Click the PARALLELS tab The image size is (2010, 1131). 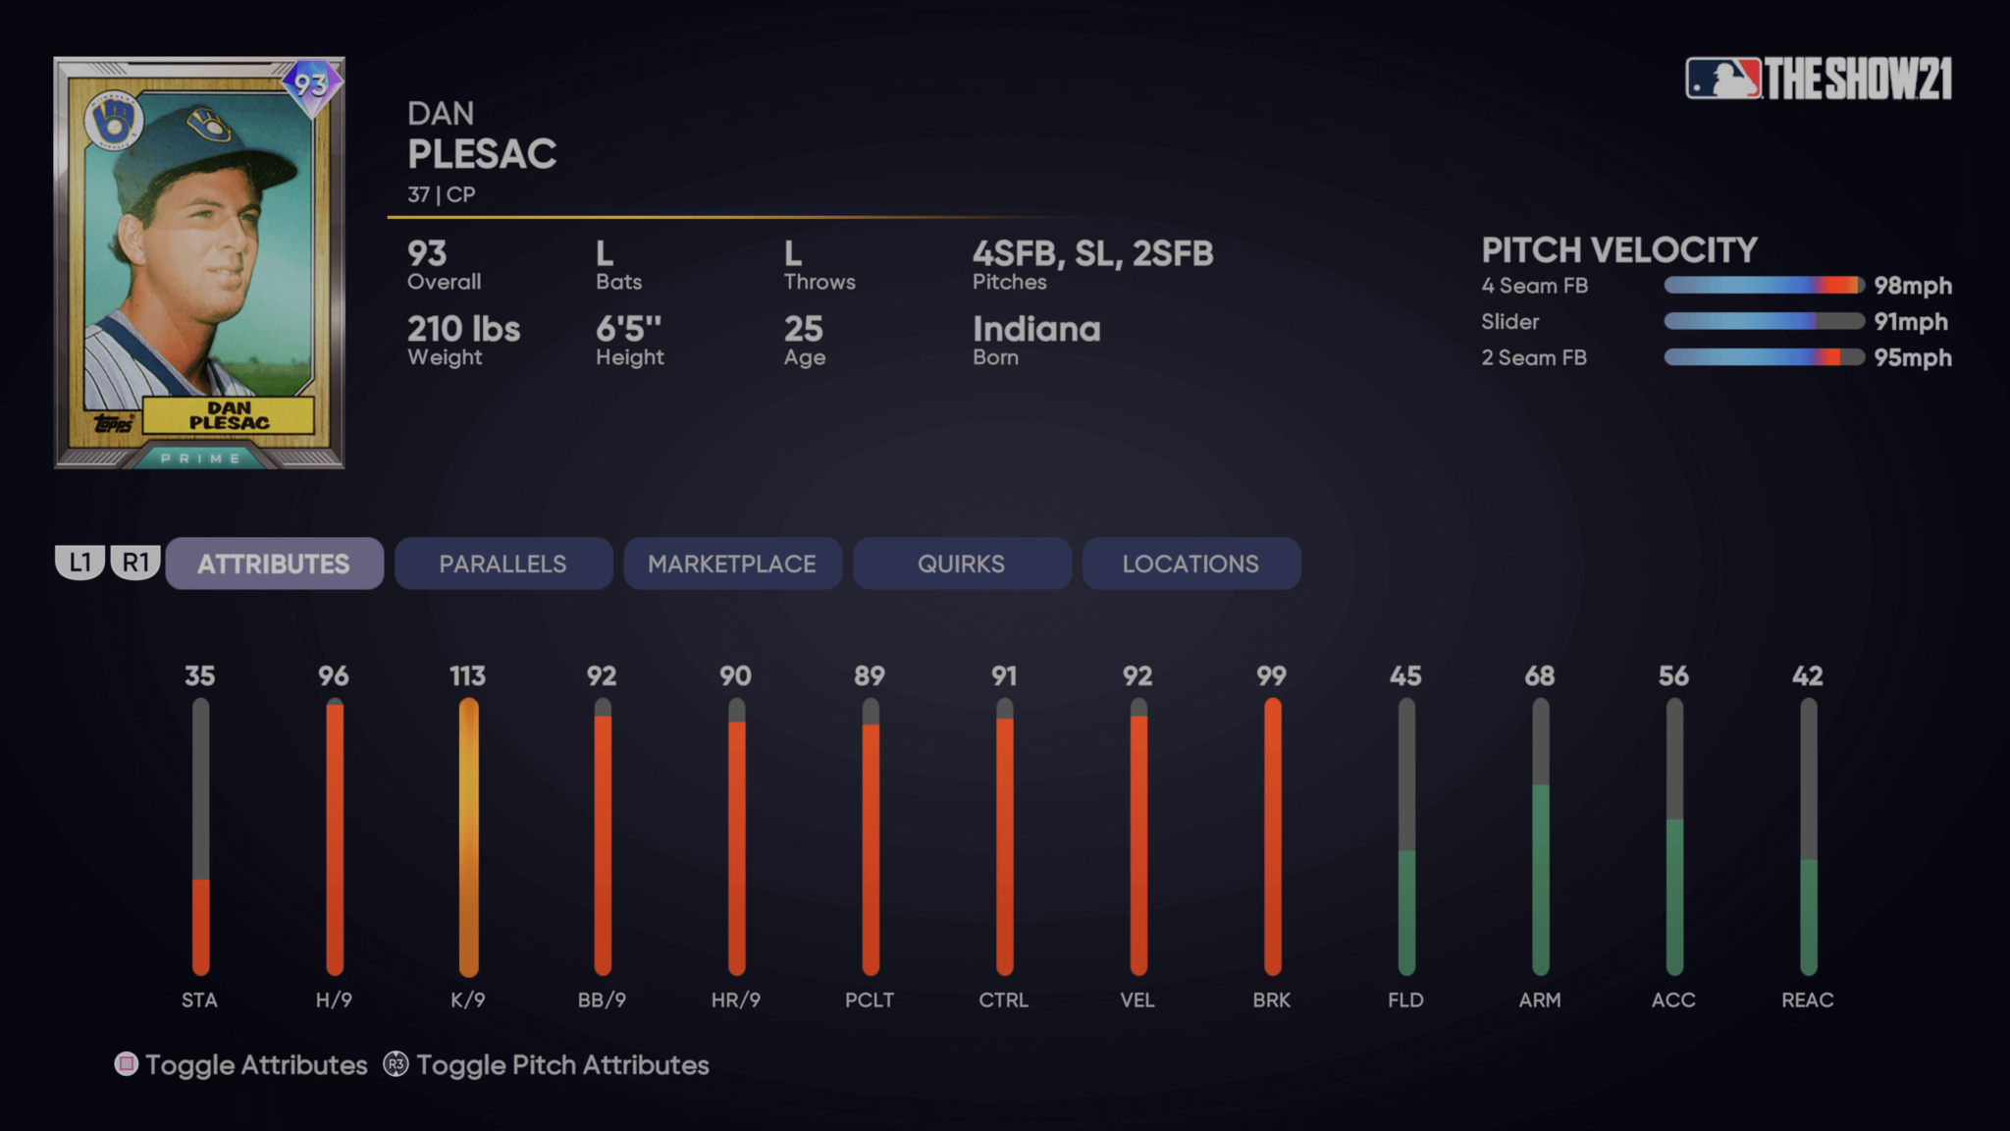pos(502,564)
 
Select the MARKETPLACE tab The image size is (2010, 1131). pos(732,564)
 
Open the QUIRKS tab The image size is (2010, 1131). pos(961,564)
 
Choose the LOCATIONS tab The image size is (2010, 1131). pos(1190,564)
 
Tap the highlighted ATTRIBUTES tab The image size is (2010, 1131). pos(274,564)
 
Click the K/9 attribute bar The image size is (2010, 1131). pos(468,836)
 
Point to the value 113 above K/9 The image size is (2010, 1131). pos(467,675)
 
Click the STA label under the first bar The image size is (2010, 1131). pos(199,999)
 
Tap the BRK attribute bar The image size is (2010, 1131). pos(1272,836)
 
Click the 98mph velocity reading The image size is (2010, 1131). pos(1912,286)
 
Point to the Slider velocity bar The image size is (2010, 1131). pos(1764,321)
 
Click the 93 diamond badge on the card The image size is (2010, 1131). pos(311,85)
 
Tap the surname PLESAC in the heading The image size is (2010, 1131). pos(482,154)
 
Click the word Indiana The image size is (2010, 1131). pos(1036,329)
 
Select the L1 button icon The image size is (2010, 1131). pos(79,563)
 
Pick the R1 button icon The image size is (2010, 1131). pos(135,563)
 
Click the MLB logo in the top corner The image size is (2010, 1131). pos(1723,79)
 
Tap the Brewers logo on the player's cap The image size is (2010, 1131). pos(209,127)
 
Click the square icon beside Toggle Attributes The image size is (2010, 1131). pos(127,1064)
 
